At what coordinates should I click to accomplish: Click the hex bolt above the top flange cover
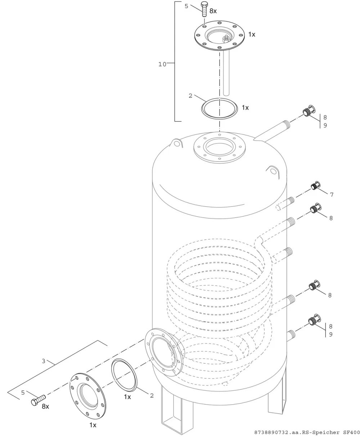click(204, 9)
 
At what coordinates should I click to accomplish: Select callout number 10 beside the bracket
click(162, 64)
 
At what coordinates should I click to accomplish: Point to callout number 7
click(332, 195)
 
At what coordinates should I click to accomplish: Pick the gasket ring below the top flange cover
click(219, 108)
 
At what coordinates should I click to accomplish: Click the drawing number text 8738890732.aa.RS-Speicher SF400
click(307, 432)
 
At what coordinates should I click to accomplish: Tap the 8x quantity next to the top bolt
click(213, 11)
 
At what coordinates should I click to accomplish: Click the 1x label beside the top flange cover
click(252, 35)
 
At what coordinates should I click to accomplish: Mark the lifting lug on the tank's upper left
click(176, 143)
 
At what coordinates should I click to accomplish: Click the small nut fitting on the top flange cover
click(226, 38)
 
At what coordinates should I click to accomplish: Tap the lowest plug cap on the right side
click(314, 320)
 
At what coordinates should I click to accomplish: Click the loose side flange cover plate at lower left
click(88, 396)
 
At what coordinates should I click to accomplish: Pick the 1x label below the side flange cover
click(93, 425)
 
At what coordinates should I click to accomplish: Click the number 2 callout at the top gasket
click(190, 96)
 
